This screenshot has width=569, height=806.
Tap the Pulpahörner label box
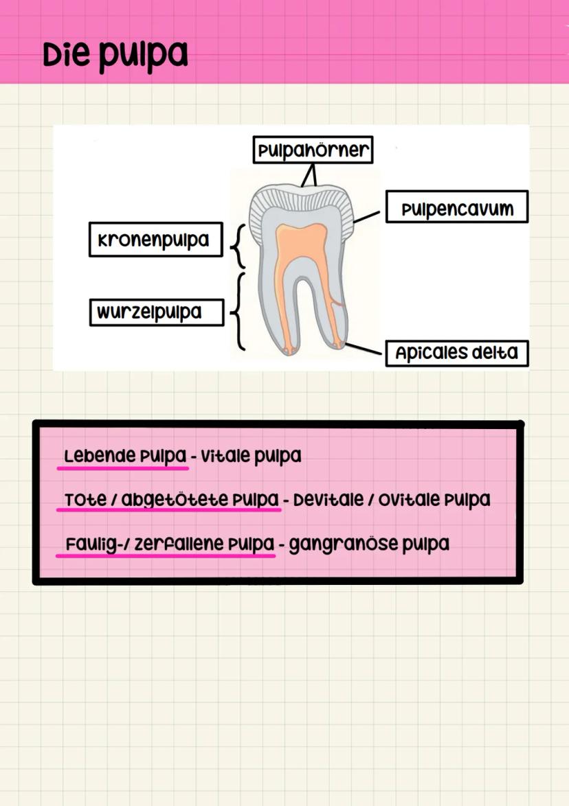pos(313,150)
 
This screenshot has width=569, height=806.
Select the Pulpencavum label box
pos(456,207)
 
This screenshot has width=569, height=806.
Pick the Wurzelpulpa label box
pos(156,312)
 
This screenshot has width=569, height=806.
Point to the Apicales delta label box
pos(456,353)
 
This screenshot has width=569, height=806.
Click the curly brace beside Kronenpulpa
pos(237,245)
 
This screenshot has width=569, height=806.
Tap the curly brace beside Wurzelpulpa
pos(237,312)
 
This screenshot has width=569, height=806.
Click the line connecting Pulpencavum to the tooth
pos(367,217)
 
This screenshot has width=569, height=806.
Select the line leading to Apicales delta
pos(364,347)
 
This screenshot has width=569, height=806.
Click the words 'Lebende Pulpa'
pos(124,456)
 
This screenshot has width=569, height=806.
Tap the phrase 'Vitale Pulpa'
pos(251,456)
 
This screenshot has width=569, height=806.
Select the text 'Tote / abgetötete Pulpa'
pos(172,500)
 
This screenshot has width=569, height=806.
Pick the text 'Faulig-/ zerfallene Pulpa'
pos(169,544)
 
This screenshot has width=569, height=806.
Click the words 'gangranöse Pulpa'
pos(369,544)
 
